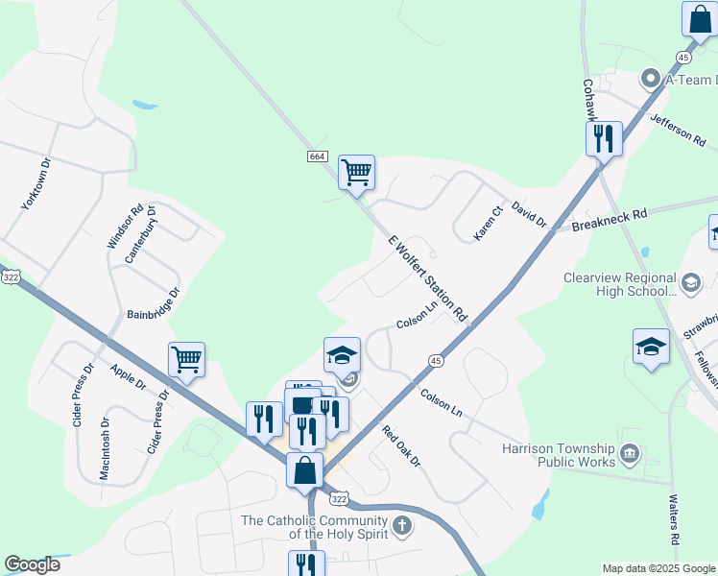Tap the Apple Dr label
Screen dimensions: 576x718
click(127, 376)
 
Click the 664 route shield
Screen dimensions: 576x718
click(318, 156)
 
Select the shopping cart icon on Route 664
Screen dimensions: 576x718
click(356, 173)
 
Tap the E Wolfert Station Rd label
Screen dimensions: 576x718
click(427, 278)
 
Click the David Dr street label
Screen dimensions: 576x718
click(528, 214)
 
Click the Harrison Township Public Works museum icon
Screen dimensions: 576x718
click(630, 452)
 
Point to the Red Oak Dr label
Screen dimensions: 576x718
click(401, 446)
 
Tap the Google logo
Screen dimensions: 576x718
click(32, 564)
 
